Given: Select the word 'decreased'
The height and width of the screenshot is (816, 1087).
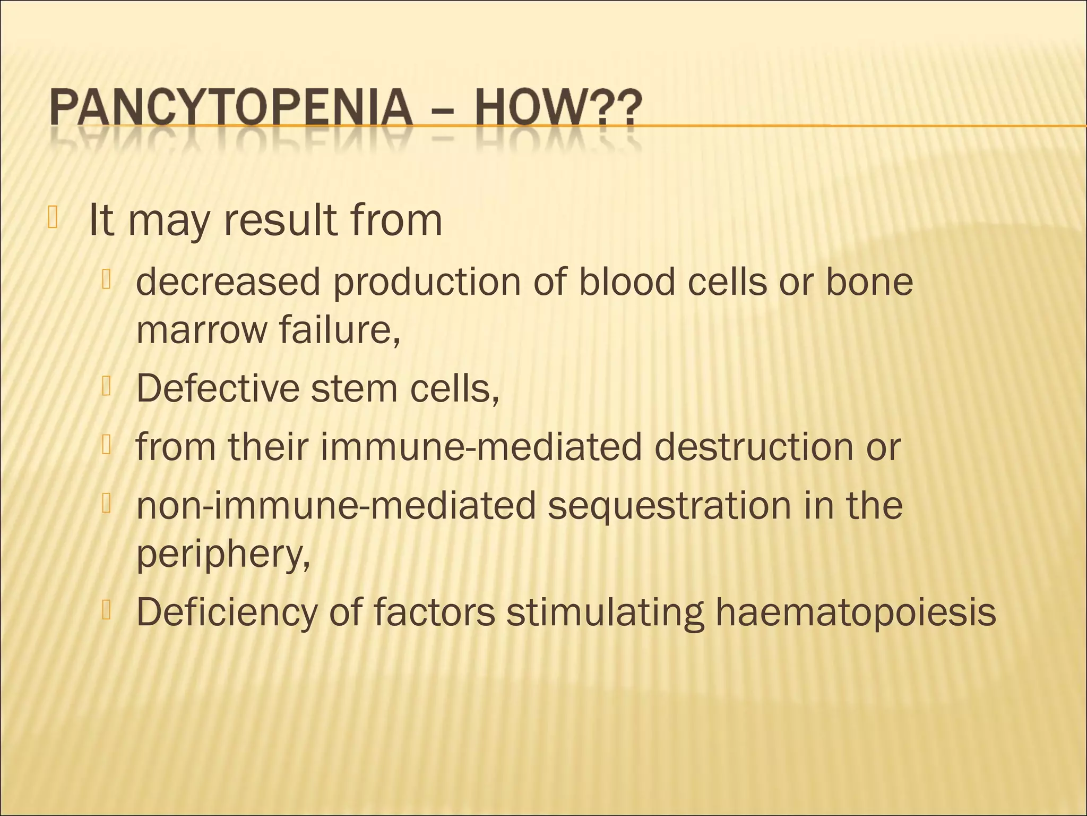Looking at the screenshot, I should (x=228, y=282).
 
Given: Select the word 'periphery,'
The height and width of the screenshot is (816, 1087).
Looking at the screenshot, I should (x=223, y=555).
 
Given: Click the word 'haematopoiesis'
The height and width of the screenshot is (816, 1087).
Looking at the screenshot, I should (x=856, y=613).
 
